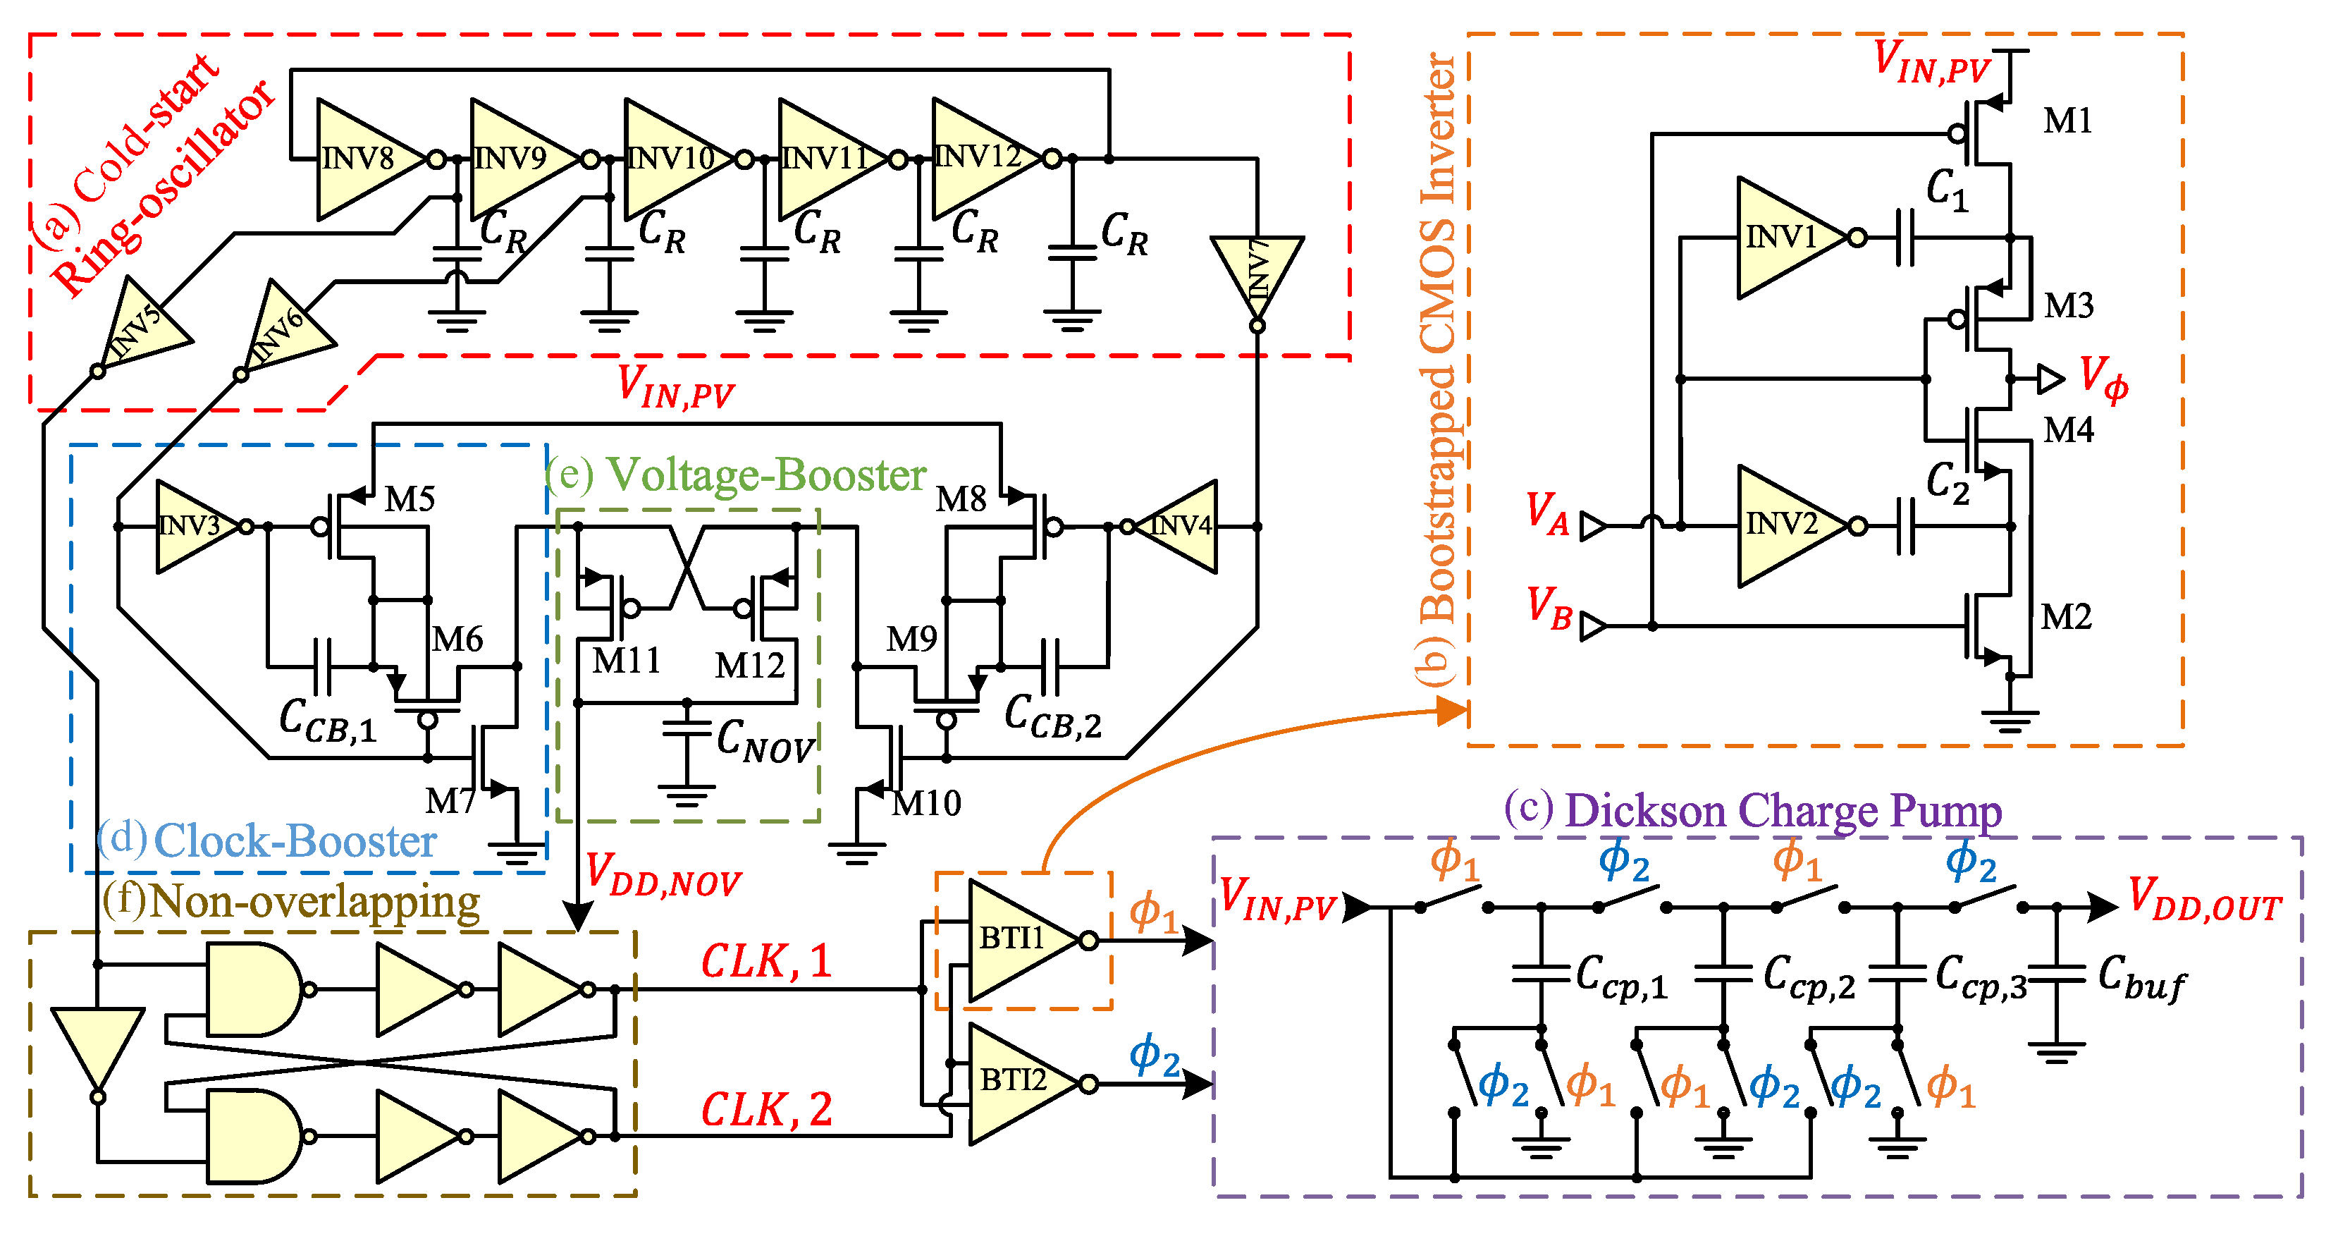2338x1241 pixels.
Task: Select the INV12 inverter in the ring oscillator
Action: click(x=985, y=159)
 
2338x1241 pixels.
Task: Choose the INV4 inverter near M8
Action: click(x=1176, y=527)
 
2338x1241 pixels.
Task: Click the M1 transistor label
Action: click(x=2067, y=121)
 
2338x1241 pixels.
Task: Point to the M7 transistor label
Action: click(x=451, y=801)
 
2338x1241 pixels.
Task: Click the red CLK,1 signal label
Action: click(x=767, y=960)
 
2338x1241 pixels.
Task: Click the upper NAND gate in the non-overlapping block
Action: click(x=254, y=989)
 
